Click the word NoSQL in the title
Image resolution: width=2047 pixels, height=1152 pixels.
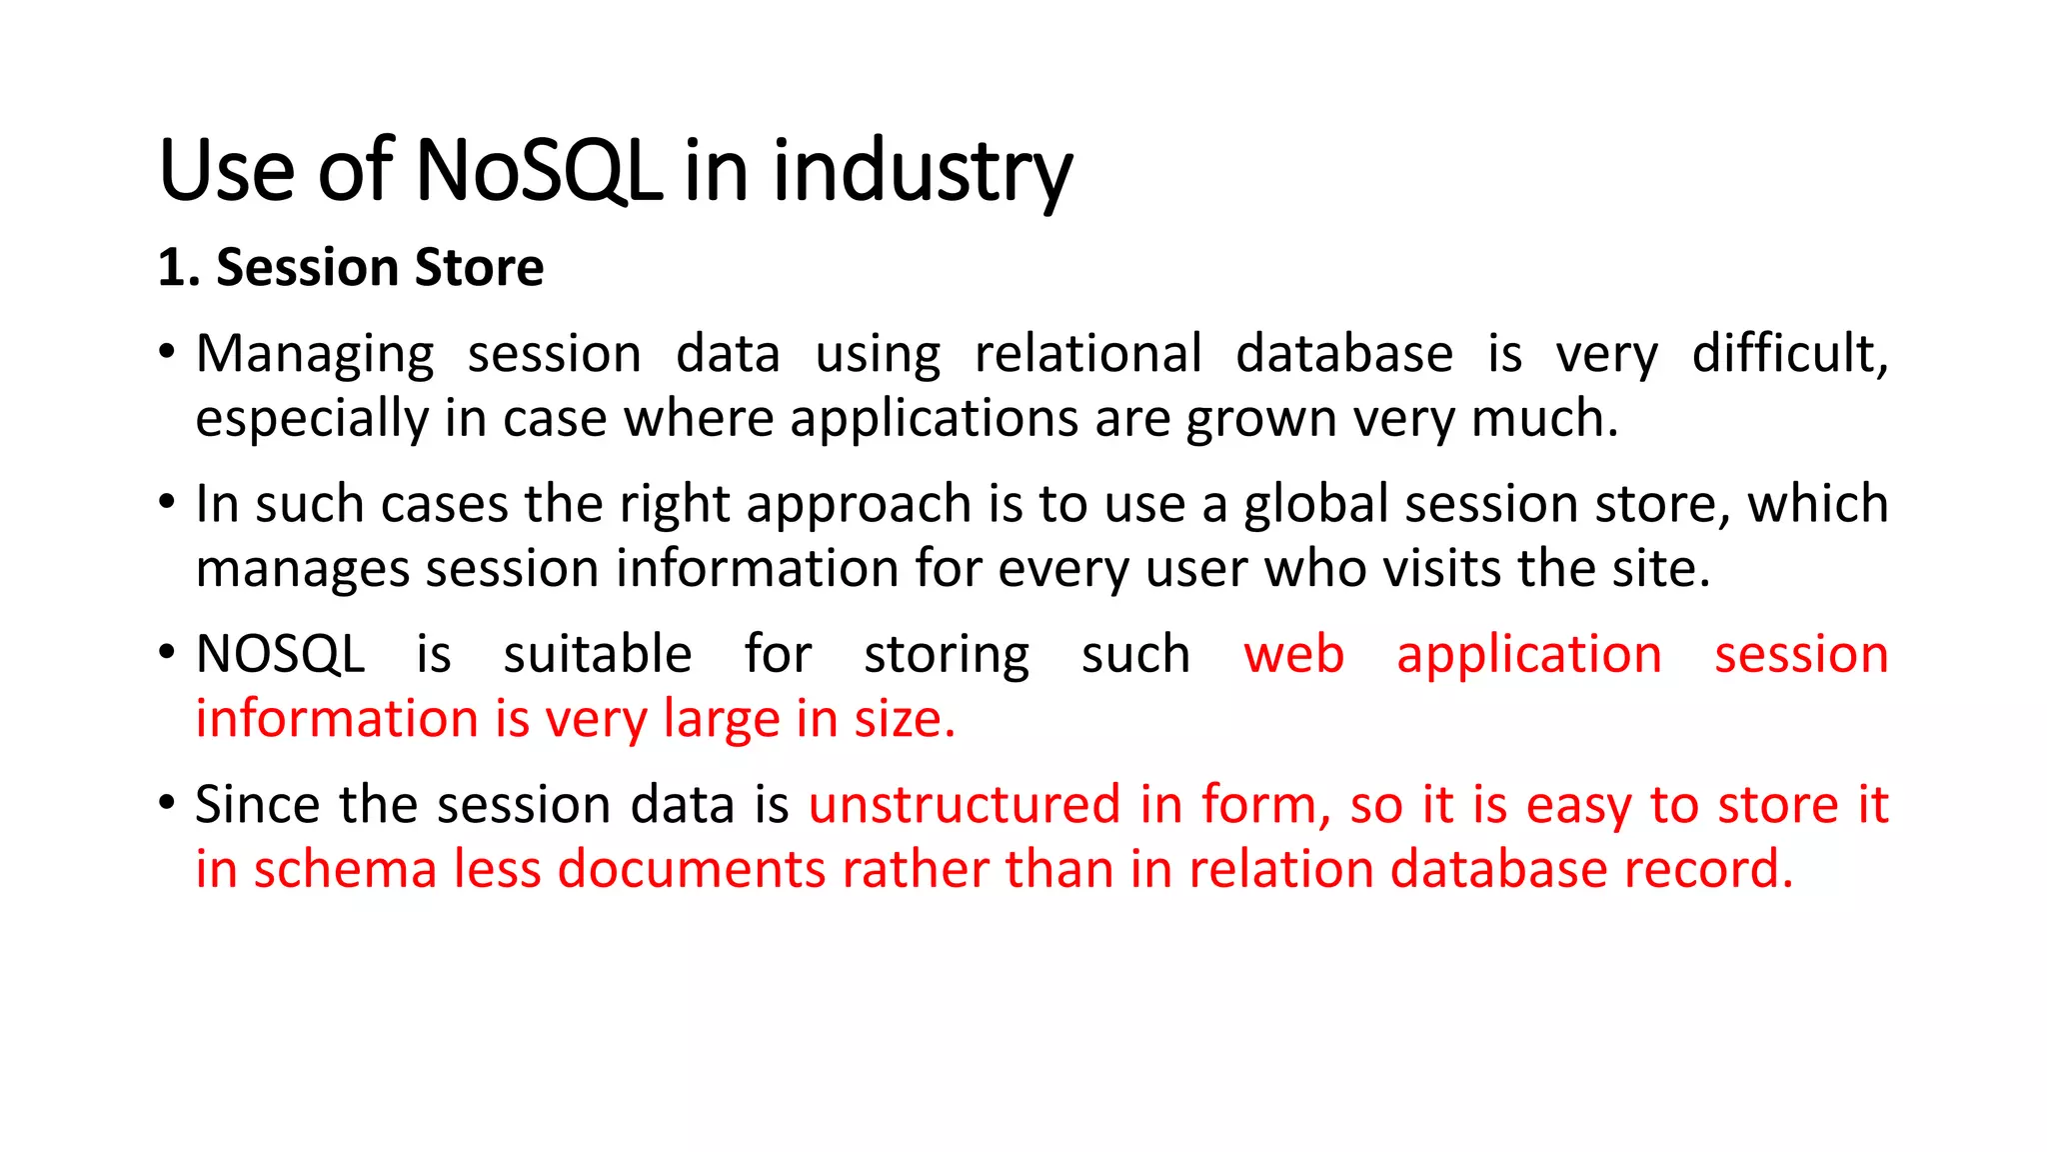tap(538, 170)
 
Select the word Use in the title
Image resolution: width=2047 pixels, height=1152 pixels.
tap(226, 170)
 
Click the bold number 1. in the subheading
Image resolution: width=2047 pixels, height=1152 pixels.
tap(179, 268)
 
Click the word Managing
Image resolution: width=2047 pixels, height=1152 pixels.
tap(315, 355)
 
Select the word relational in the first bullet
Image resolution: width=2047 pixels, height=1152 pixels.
tap(1087, 354)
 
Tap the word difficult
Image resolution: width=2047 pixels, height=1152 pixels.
tap(1789, 354)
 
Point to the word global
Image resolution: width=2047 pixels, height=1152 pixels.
tap(1315, 504)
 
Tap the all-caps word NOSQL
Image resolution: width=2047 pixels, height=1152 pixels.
tap(280, 655)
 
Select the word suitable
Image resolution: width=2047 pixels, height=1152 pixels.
tap(597, 655)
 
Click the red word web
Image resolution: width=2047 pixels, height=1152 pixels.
tap(1293, 655)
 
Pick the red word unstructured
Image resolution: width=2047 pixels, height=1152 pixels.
tap(965, 805)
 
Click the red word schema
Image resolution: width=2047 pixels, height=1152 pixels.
tap(345, 869)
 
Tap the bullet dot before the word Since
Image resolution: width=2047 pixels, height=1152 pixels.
tap(167, 803)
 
